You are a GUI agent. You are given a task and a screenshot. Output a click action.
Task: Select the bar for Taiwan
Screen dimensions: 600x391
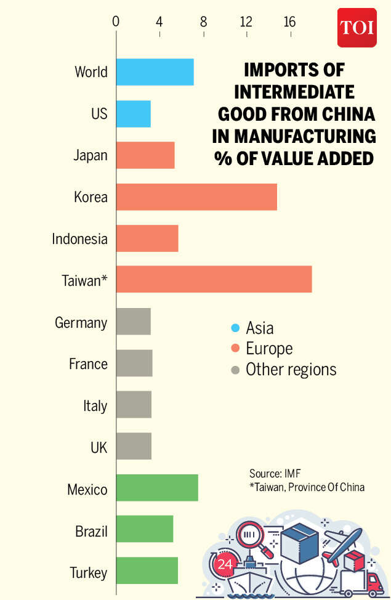pos(214,280)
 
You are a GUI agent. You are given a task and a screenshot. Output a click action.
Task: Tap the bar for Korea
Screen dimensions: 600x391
pos(196,197)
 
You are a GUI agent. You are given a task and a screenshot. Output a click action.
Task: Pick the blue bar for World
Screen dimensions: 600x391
pos(155,72)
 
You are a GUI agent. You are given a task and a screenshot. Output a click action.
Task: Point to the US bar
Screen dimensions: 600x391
pos(133,113)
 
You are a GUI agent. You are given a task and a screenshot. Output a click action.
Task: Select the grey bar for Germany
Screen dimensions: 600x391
pos(133,322)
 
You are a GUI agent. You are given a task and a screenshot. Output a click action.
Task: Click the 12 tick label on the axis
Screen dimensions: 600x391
pos(246,22)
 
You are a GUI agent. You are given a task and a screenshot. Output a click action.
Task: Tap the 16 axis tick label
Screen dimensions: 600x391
pos(289,22)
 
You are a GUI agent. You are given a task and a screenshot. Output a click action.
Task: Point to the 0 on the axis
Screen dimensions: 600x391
pos(116,22)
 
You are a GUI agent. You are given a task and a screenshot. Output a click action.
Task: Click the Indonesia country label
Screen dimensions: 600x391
pos(79,239)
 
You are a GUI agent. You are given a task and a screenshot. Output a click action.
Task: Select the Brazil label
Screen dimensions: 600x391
pos(91,531)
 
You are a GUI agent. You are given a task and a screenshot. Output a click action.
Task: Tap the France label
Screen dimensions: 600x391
pos(88,364)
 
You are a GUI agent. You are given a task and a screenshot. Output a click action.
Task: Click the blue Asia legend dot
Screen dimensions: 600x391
pos(235,328)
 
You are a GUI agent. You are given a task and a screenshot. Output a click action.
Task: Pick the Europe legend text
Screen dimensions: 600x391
pos(269,349)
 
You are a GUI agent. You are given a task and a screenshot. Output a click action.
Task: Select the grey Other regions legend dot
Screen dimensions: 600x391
pos(235,370)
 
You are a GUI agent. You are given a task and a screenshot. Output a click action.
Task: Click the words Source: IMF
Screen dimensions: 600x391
pos(274,474)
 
